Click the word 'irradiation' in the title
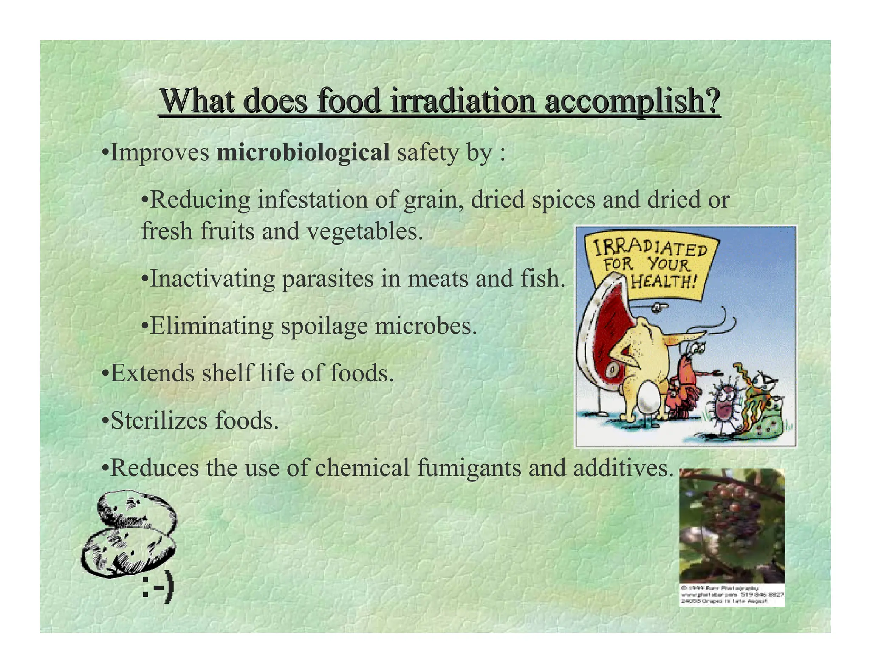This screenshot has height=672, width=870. (463, 101)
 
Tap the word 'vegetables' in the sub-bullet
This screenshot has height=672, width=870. (365, 232)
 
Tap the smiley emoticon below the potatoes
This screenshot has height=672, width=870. (158, 588)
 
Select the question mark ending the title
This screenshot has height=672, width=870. (712, 101)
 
